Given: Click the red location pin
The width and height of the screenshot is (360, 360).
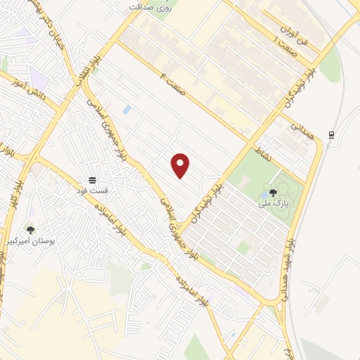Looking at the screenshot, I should pyautogui.click(x=181, y=165).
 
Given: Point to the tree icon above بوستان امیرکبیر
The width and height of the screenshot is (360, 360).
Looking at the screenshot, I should pyautogui.click(x=30, y=229).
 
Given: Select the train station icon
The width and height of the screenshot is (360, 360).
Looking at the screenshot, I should pyautogui.click(x=330, y=135).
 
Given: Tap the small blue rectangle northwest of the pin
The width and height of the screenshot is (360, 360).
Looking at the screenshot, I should pyautogui.click(x=127, y=110).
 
